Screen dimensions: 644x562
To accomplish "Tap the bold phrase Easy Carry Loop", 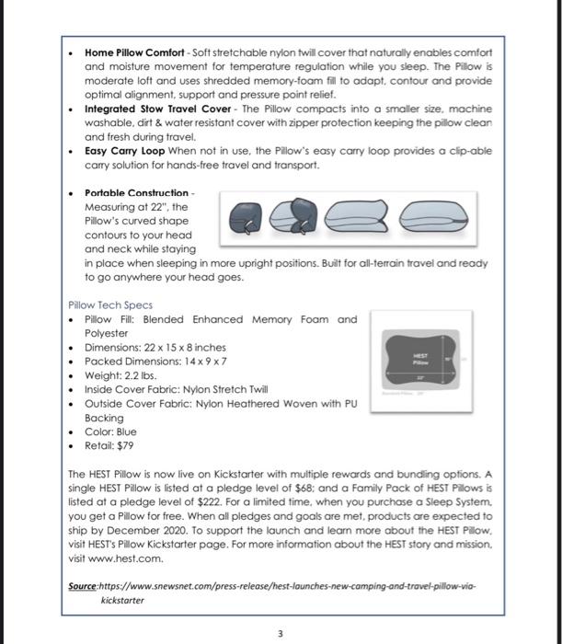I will pyautogui.click(x=125, y=151).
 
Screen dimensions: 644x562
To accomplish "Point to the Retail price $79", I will pyautogui.click(x=121, y=444).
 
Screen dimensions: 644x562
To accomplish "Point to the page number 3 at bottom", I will pyautogui.click(x=281, y=632).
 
